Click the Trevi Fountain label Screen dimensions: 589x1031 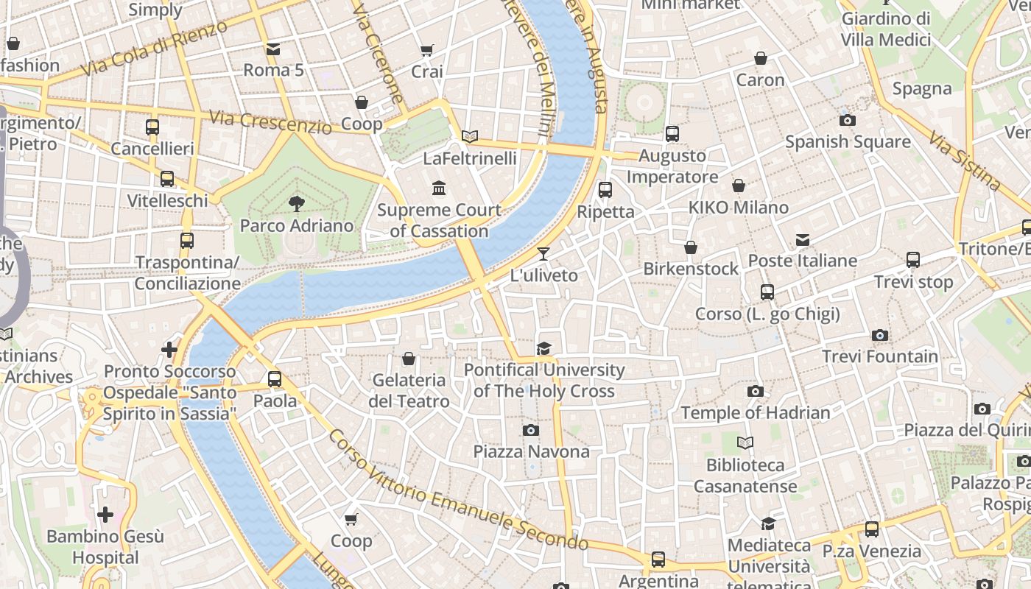tap(880, 357)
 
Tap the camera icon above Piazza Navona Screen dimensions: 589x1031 tap(531, 430)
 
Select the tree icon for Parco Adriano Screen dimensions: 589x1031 tap(297, 203)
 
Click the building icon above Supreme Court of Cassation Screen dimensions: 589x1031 tap(440, 188)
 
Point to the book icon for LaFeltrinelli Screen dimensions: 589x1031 tap(470, 136)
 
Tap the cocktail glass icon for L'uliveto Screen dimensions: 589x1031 tap(543, 254)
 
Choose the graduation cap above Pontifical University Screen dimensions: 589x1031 tap(544, 348)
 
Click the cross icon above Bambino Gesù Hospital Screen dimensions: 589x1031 tap(105, 514)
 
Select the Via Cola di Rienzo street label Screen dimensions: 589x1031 tap(155, 49)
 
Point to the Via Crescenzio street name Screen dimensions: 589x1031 tap(270, 122)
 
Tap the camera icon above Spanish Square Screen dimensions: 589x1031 tap(848, 120)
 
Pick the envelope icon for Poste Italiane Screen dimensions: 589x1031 tap(803, 239)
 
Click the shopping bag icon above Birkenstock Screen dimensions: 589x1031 tap(691, 247)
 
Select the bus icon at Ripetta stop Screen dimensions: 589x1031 tap(605, 190)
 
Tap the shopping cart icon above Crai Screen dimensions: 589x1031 tap(426, 50)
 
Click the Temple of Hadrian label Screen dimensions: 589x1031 tap(755, 413)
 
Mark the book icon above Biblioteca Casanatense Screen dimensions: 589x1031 tap(745, 442)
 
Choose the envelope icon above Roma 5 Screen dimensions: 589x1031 tap(273, 49)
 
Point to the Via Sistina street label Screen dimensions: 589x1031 tap(964, 161)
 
